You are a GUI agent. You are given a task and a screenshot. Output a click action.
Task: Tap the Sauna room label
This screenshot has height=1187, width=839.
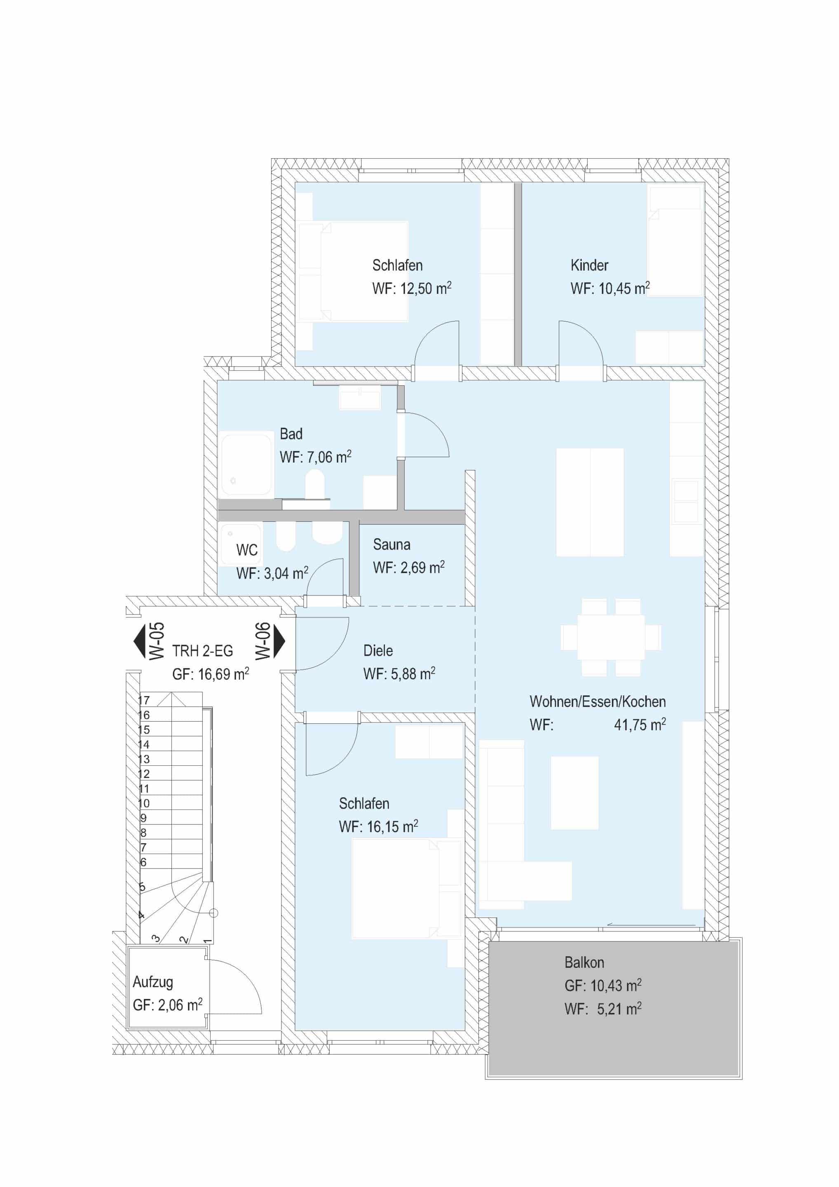tap(391, 544)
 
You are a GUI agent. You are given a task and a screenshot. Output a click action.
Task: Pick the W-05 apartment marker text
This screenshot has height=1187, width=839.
tap(157, 641)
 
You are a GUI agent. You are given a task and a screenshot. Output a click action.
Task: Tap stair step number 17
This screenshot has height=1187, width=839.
tap(144, 701)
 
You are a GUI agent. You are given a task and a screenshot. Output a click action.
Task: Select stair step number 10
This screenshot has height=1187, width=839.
tap(144, 803)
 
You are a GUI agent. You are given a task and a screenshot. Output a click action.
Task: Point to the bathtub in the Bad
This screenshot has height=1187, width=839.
tap(246, 465)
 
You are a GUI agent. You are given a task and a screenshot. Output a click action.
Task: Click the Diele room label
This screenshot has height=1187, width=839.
tap(378, 650)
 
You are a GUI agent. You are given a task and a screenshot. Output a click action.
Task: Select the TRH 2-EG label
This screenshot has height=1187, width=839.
tap(203, 651)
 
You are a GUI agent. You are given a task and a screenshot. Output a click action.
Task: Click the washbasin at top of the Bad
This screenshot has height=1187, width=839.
tap(360, 399)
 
